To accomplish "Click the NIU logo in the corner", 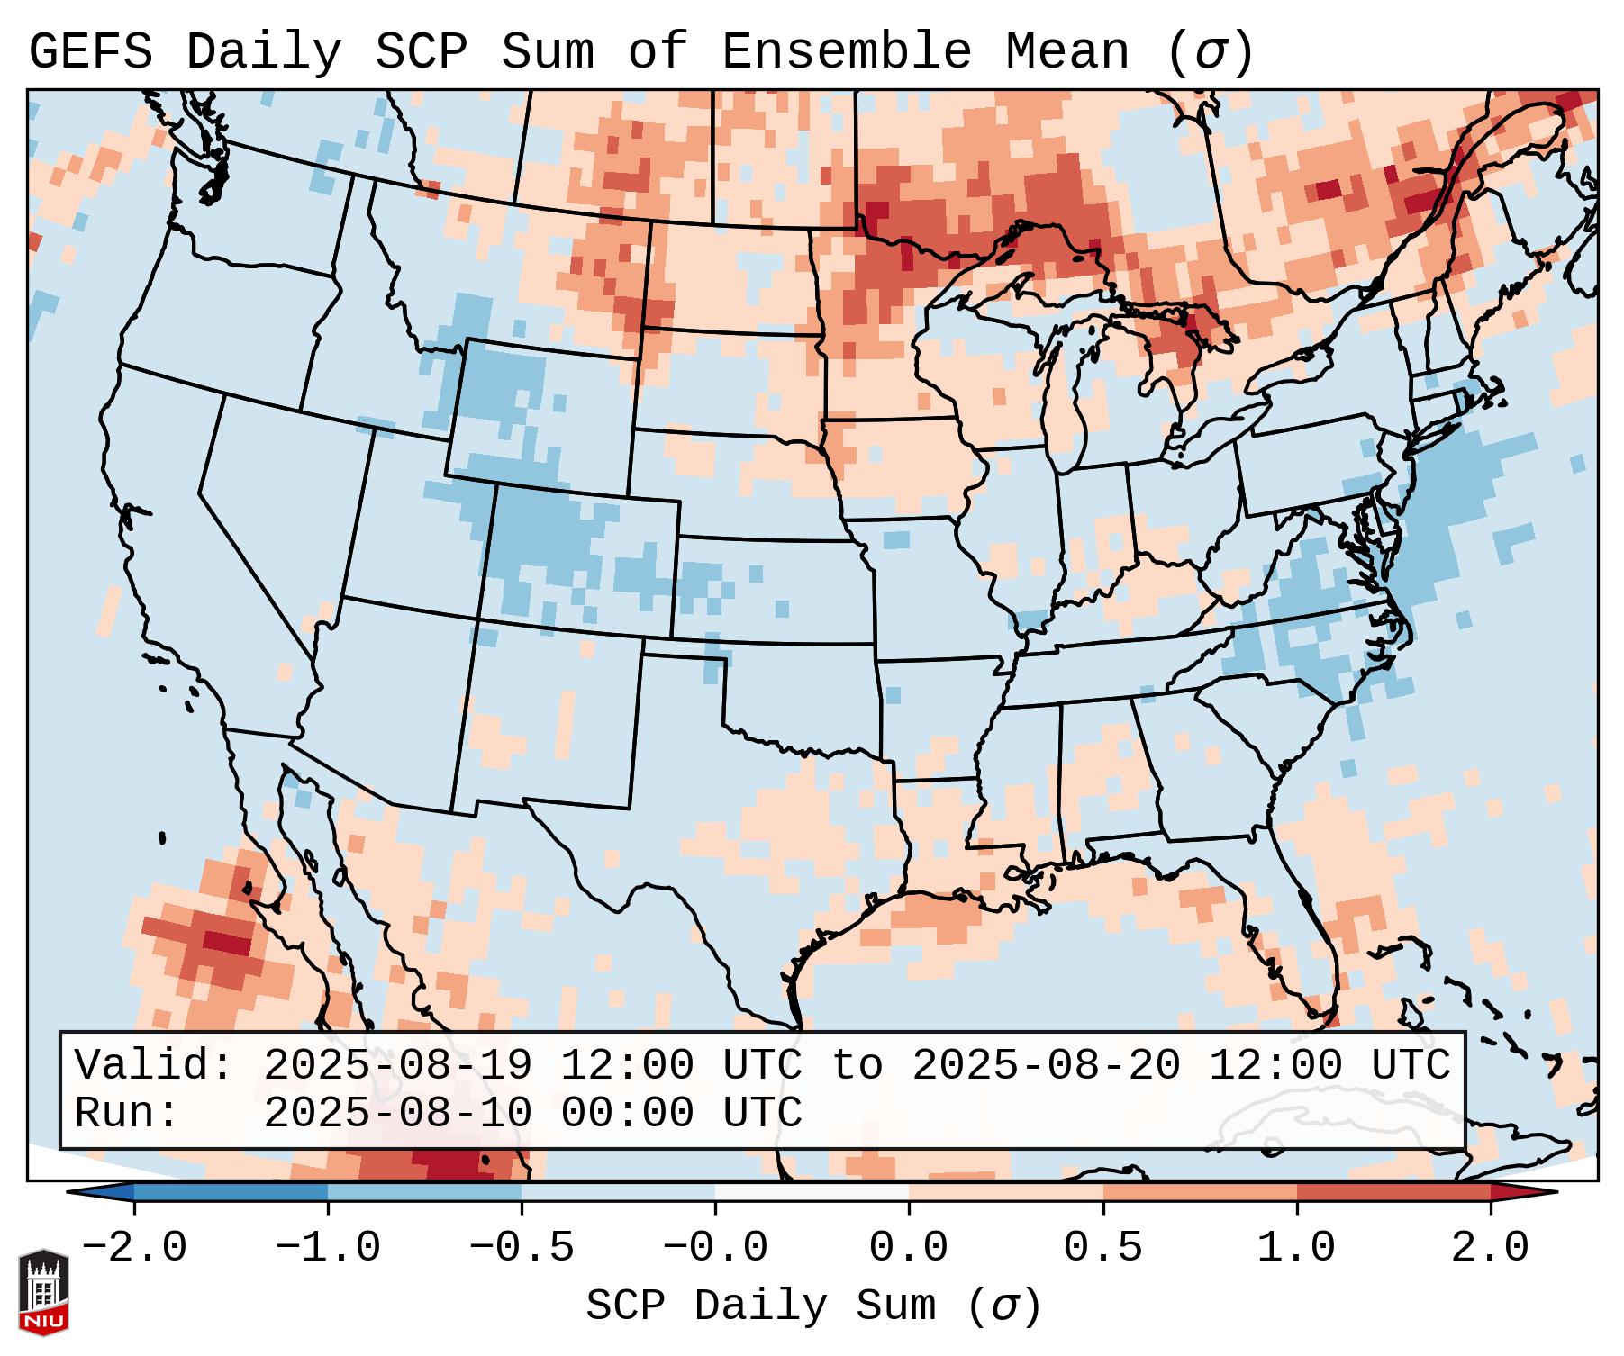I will [x=43, y=1291].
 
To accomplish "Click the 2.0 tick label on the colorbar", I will [x=1490, y=1248].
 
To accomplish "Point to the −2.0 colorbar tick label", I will [x=133, y=1248].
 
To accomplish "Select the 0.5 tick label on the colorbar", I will [x=1102, y=1248].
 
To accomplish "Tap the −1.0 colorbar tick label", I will [x=327, y=1248].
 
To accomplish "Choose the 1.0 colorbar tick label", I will [x=1296, y=1248].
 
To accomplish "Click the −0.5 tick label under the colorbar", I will [x=521, y=1248].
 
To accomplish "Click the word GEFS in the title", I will [x=90, y=52].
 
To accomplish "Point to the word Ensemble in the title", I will [x=846, y=52].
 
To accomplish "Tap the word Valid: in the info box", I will [x=154, y=1065].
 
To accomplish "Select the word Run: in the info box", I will [x=127, y=1113].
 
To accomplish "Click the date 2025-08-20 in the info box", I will [x=1046, y=1065].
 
